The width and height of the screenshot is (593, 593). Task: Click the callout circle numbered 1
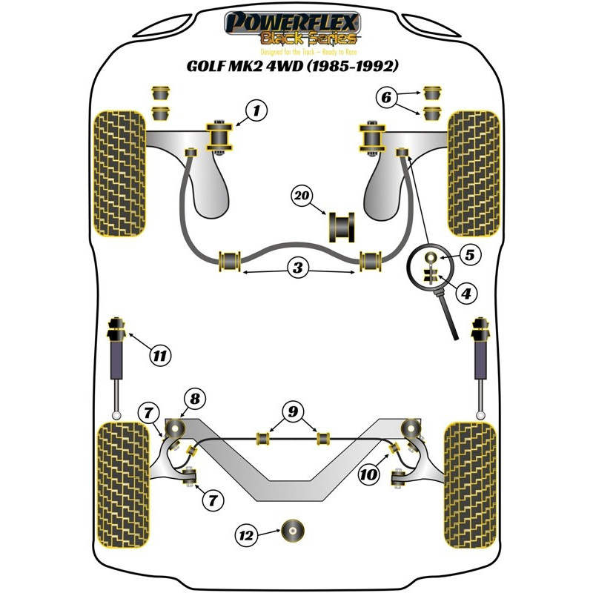(x=255, y=112)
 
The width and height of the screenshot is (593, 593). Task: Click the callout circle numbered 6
(x=385, y=97)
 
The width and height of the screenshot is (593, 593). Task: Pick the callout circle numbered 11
(x=158, y=356)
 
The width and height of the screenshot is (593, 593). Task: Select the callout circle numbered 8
(x=195, y=400)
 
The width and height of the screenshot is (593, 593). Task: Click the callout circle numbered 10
(x=367, y=475)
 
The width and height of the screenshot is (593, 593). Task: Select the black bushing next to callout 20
(x=342, y=226)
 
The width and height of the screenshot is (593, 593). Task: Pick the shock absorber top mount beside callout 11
(x=116, y=325)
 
